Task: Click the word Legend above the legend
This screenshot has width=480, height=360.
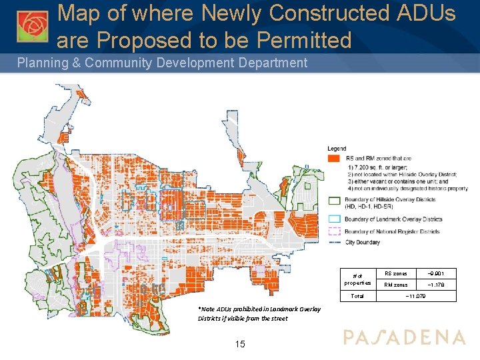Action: [x=337, y=148]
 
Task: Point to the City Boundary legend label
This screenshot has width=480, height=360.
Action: [x=365, y=243]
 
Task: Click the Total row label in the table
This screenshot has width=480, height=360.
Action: [x=357, y=295]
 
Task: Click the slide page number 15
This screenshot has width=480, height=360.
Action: [x=241, y=344]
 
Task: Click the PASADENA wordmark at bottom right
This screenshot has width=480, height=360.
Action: [x=404, y=337]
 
